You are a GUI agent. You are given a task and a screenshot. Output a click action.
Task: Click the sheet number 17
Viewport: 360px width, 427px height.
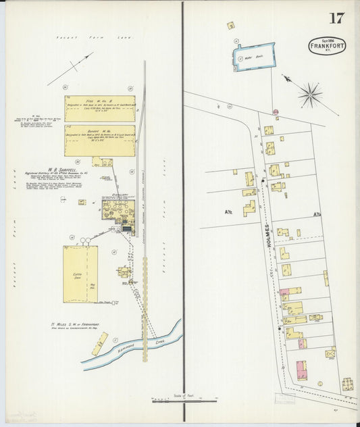[x=336, y=18]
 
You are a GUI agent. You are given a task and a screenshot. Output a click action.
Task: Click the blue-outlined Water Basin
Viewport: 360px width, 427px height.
[x=255, y=57]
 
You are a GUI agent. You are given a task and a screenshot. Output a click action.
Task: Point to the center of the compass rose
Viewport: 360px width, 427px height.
[x=311, y=95]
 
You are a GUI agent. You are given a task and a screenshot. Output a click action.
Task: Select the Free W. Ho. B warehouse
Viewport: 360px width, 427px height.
[x=100, y=108]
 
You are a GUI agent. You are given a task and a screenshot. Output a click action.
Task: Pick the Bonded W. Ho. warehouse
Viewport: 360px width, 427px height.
[x=100, y=140]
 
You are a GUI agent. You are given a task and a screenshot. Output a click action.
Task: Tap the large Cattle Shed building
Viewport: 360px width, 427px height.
[x=80, y=273]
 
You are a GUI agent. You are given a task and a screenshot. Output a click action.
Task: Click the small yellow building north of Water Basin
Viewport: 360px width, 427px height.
[x=231, y=26]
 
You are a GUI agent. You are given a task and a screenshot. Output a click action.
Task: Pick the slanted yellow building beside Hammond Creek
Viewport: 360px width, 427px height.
[x=100, y=343]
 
